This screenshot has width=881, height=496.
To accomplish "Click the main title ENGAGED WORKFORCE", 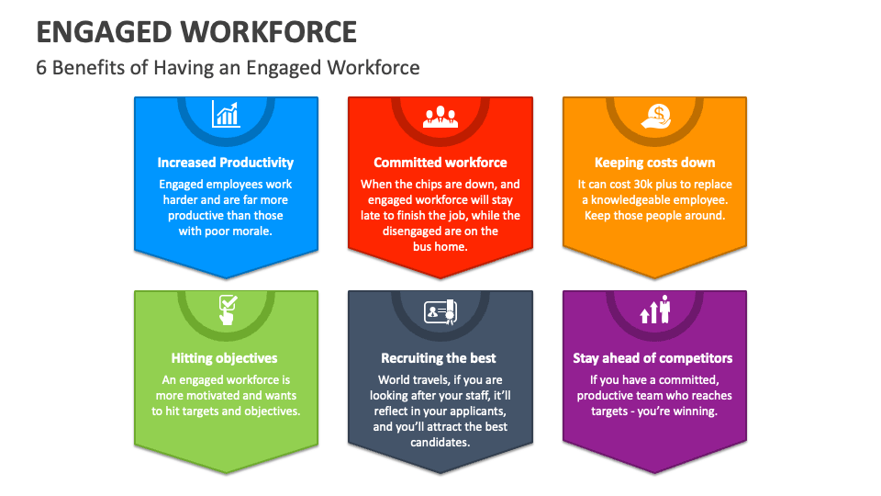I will (x=196, y=32).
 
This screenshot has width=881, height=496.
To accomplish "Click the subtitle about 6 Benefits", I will (x=228, y=67).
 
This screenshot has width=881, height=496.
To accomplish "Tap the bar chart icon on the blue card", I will (x=226, y=114).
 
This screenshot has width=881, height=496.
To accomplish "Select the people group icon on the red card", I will (x=440, y=116).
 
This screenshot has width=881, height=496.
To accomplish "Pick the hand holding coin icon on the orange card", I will (x=654, y=115).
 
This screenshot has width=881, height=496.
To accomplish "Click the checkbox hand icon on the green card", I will (x=226, y=310).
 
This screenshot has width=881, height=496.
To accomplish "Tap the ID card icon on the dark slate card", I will (x=440, y=312).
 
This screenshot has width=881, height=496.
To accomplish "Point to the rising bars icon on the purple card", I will (x=654, y=310).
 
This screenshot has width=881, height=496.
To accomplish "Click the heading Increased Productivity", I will (x=226, y=163).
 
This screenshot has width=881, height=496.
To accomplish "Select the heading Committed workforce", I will (x=440, y=163).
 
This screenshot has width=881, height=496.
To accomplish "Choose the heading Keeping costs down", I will (x=654, y=163).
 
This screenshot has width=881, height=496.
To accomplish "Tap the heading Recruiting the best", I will (x=440, y=358).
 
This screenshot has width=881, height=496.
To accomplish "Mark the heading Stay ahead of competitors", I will (x=652, y=358).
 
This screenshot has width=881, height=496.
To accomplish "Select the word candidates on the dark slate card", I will (x=440, y=443).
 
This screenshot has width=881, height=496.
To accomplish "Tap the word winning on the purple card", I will (x=695, y=411).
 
